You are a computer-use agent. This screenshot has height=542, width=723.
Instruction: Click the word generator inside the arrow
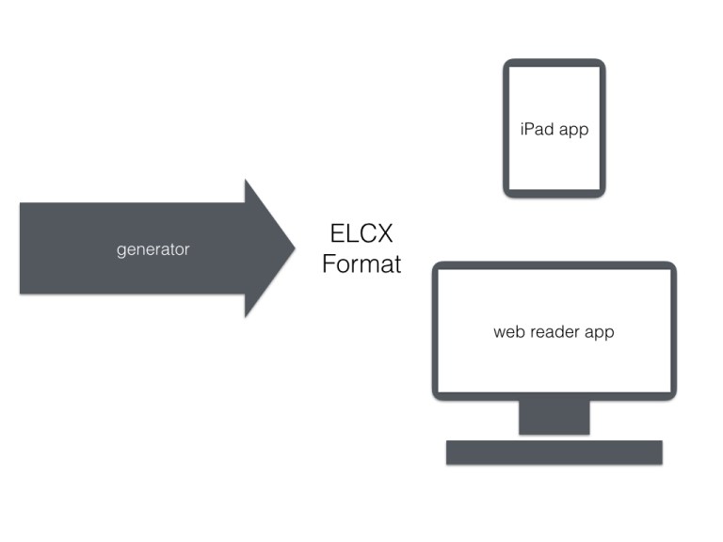coord(153,249)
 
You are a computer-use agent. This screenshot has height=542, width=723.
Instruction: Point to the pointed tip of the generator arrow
coord(294,248)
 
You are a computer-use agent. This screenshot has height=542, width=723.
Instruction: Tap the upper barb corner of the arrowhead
coord(246,181)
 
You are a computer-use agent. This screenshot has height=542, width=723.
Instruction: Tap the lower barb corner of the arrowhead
coord(246,316)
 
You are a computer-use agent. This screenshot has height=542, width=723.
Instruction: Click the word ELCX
coord(361,233)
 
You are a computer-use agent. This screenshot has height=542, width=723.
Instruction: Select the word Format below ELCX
coord(361,264)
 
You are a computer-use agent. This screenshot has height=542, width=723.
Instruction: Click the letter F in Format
coord(329,264)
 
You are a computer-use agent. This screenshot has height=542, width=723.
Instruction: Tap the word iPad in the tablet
coord(537,129)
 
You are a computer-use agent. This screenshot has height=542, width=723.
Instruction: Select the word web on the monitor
coord(509,332)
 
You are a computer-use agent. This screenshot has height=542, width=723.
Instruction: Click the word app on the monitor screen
coord(600,333)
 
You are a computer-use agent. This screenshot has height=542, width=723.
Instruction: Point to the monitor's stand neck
coord(554,417)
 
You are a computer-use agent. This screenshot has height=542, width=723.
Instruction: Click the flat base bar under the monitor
coord(554,453)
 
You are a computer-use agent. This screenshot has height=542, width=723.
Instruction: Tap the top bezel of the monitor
coord(554,265)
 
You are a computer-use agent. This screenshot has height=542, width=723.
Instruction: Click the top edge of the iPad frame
coord(554,62)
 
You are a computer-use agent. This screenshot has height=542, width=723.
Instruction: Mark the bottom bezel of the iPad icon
coord(554,193)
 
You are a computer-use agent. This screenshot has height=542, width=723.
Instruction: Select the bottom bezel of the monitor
coord(554,395)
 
